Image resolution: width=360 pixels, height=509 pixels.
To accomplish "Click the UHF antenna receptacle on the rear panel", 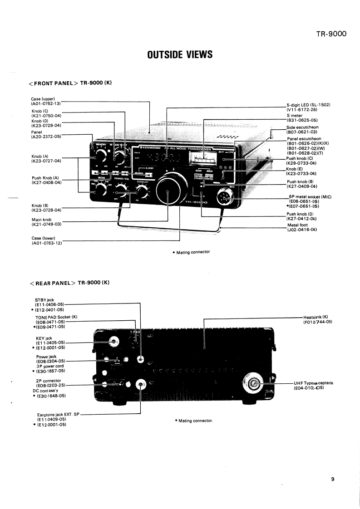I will tap(255, 384).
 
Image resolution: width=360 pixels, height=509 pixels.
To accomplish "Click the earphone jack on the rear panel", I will tap(141, 385).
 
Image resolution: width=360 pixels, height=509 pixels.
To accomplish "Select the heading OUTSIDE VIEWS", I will tap(180, 55).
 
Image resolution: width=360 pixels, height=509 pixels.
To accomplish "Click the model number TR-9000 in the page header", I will tap(331, 33).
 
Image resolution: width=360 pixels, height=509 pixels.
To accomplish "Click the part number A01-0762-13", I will tap(46, 103).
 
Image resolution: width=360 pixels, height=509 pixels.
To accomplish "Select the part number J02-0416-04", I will tap(302, 230).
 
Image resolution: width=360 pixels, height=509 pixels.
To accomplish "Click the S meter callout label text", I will tap(295, 116).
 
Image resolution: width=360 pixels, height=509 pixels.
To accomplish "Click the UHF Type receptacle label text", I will tap(314, 383).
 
